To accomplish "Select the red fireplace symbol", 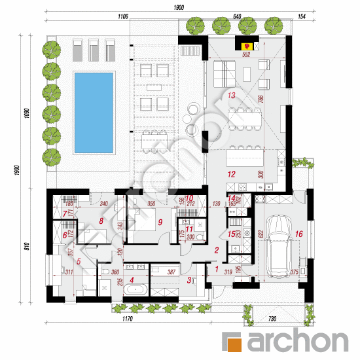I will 247,46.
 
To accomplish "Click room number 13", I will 230,96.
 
